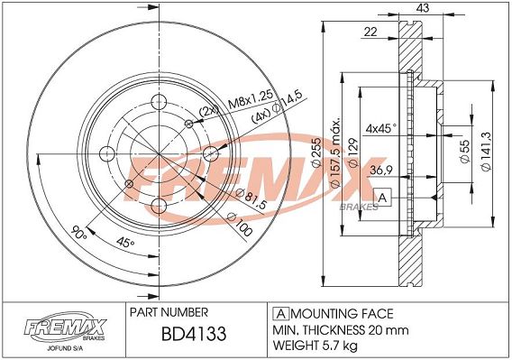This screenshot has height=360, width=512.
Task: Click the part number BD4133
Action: pyautogui.click(x=194, y=334)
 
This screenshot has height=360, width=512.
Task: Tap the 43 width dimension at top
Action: pyautogui.click(x=423, y=8)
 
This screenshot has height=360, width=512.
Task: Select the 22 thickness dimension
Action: pyautogui.click(x=370, y=32)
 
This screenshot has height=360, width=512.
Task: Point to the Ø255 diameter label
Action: pyautogui.click(x=316, y=152)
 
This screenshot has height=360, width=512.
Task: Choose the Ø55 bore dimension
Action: pyautogui.click(x=464, y=152)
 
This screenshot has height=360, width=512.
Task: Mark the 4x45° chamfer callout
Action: pyautogui.click(x=381, y=128)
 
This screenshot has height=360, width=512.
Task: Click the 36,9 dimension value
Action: pyautogui.click(x=381, y=170)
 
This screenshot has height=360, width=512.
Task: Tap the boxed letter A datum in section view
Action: pyautogui.click(x=382, y=198)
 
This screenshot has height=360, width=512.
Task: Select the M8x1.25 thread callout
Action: pyautogui.click(x=250, y=100)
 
